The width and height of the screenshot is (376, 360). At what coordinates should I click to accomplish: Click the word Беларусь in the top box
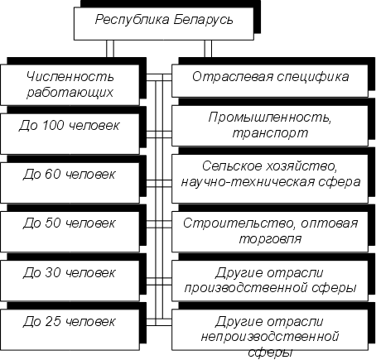tap(203, 20)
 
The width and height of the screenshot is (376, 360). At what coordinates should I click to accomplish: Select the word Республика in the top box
tap(133, 21)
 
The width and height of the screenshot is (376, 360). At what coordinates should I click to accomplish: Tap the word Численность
tap(70, 76)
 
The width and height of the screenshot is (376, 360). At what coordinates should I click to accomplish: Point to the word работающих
tap(70, 92)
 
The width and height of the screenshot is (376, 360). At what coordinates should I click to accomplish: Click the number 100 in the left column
tap(52, 126)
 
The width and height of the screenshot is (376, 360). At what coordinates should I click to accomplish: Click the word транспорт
tap(270, 133)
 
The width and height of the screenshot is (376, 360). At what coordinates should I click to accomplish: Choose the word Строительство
tap(239, 223)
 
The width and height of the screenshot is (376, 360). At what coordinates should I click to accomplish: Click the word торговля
tap(270, 239)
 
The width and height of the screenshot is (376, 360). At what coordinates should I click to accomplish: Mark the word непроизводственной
tap(270, 337)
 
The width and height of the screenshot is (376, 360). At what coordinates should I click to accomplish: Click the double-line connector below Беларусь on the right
tap(208, 49)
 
